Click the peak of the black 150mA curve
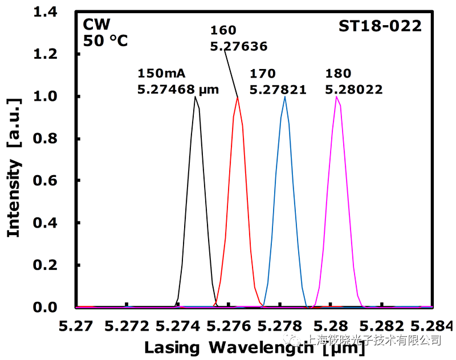click(x=196, y=97)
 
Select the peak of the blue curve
click(x=284, y=96)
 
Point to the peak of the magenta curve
click(x=337, y=96)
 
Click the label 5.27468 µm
click(x=178, y=89)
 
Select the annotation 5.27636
click(x=238, y=47)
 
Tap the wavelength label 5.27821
click(x=278, y=89)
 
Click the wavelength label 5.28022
click(x=353, y=89)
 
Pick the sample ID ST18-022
click(x=380, y=26)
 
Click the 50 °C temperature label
click(x=105, y=41)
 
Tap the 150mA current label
click(x=162, y=74)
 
